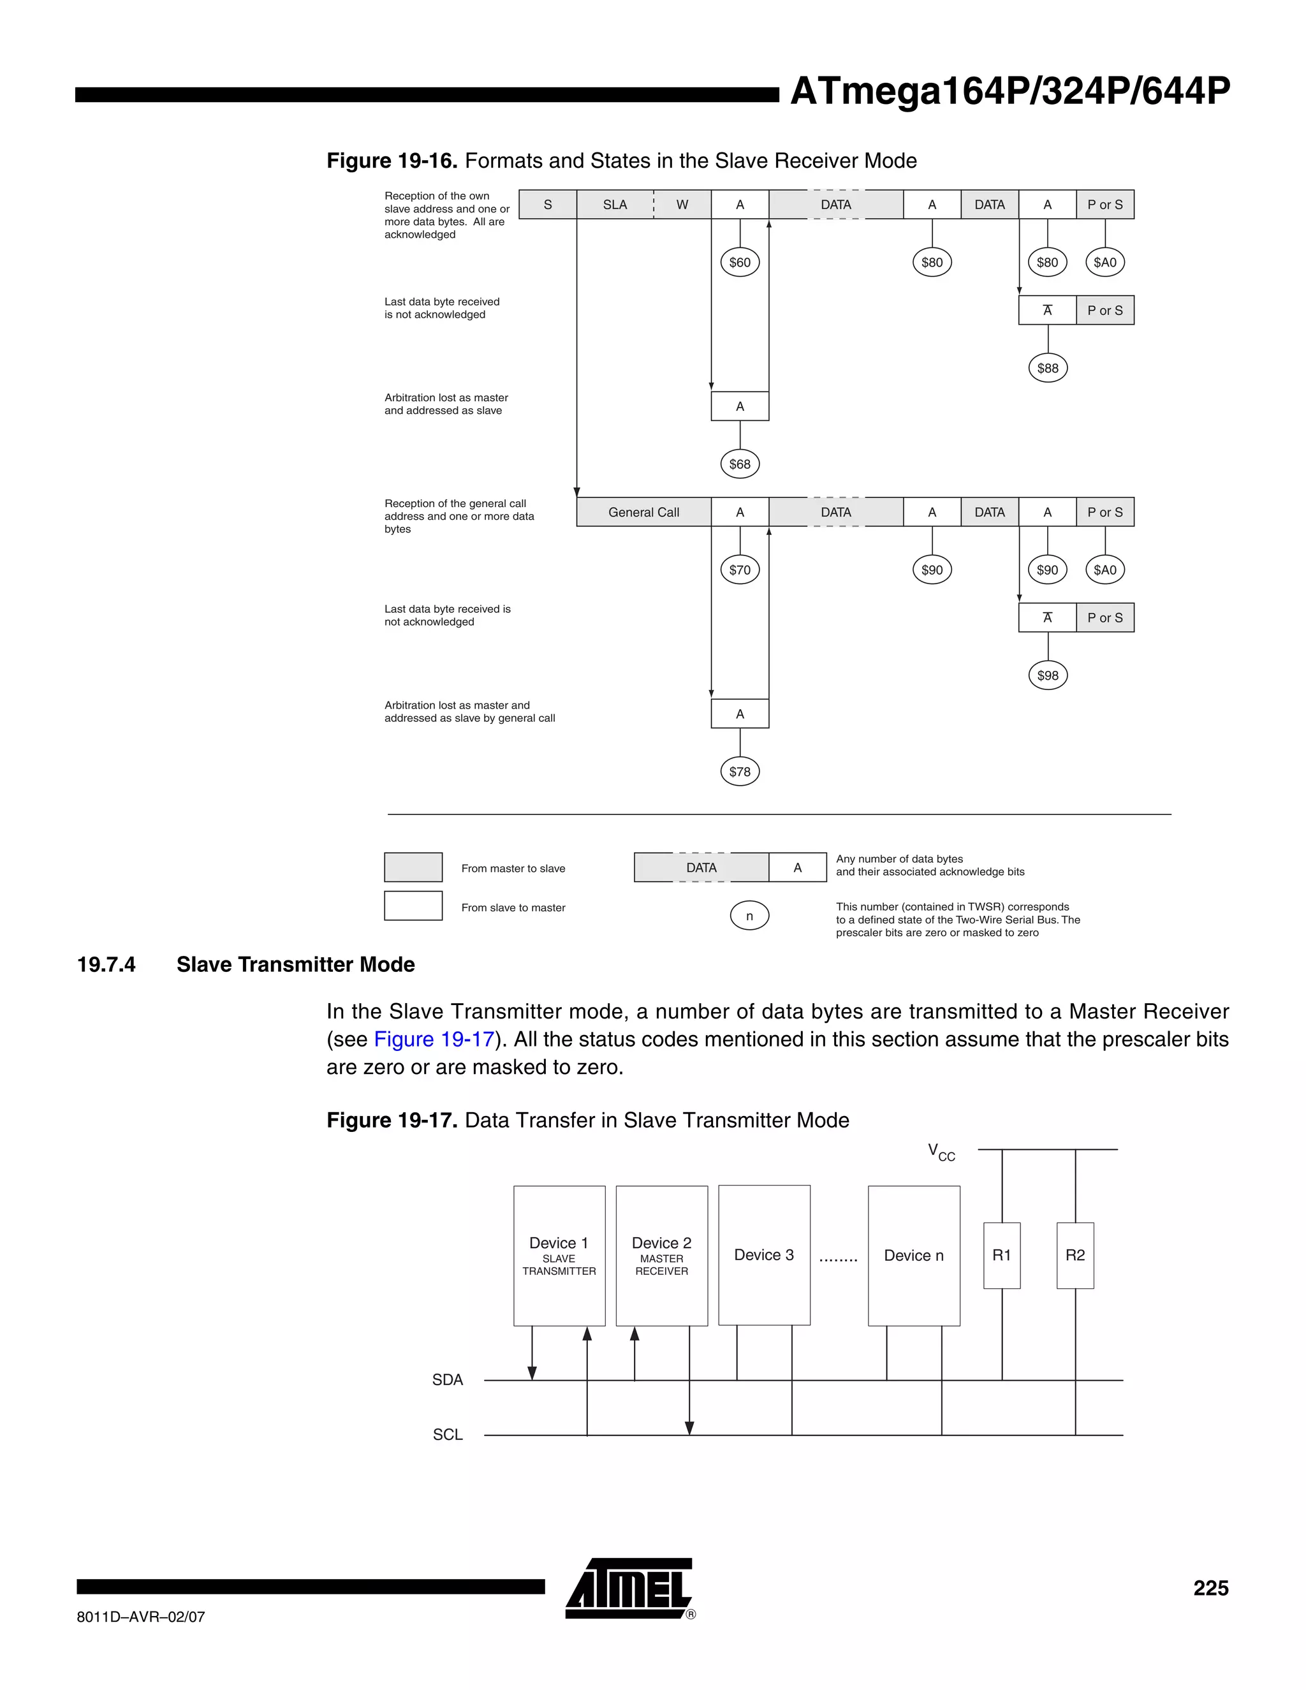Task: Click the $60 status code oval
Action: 740,262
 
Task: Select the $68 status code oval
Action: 740,464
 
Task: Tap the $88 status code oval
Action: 1048,369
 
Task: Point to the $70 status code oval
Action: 740,570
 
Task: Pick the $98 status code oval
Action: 1048,675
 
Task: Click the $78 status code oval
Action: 740,772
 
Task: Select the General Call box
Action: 643,512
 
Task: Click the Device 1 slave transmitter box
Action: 559,1256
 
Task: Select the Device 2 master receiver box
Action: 661,1256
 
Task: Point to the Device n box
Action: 914,1256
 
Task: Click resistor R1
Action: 1002,1255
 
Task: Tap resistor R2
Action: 1075,1255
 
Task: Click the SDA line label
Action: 447,1379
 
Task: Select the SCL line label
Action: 448,1435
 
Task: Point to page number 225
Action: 1210,1588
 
